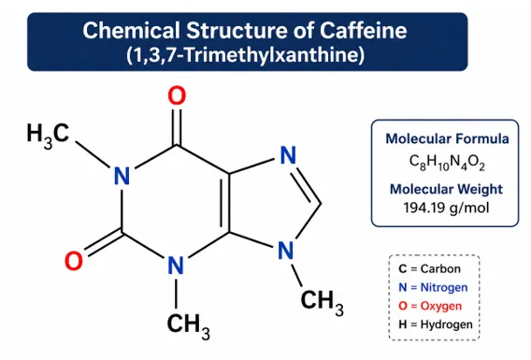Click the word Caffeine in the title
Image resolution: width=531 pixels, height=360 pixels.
coord(363,30)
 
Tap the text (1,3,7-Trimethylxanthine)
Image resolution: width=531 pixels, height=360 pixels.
coord(246,54)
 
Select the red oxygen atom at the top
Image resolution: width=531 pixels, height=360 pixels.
coord(177,95)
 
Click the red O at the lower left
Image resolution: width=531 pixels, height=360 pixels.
coord(74,261)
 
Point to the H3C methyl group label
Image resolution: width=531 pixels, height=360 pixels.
coord(48,136)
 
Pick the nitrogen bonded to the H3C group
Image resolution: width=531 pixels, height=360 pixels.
coord(122,176)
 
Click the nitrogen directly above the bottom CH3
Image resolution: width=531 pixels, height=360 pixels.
coord(176,266)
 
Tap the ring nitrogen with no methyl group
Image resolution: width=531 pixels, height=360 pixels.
coord(288,155)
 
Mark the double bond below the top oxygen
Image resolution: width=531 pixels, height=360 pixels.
coord(177,127)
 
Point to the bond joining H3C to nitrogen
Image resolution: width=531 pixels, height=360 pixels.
coord(93,154)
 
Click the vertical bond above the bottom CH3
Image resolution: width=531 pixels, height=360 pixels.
coord(176,294)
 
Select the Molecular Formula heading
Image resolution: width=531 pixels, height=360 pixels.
coord(447,138)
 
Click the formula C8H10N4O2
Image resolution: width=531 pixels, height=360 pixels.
coord(447,163)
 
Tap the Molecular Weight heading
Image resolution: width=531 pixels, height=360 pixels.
coord(446,189)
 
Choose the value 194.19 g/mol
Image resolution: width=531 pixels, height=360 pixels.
coord(446,208)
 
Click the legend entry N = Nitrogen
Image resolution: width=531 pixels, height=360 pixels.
coord(433,287)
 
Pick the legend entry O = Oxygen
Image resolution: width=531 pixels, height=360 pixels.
coord(430,306)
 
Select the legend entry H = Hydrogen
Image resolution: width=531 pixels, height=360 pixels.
coord(436,324)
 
